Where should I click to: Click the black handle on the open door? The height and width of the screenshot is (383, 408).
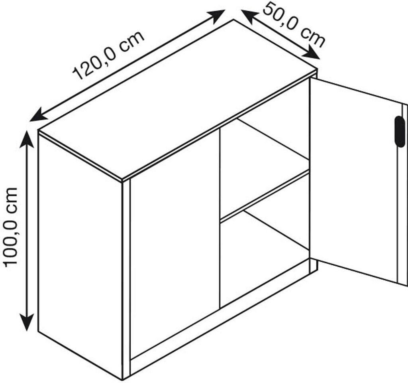tap(399, 131)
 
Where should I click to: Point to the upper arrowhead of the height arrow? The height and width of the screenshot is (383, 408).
tap(27, 138)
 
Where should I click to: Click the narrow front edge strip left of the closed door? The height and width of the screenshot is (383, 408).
tap(126, 279)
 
